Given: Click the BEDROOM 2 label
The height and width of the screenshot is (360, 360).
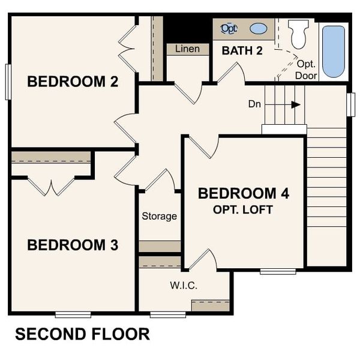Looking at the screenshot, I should point(73,82).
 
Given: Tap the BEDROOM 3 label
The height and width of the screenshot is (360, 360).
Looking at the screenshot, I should point(73,245).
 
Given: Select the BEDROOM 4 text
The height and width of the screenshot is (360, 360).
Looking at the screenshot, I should point(244,194).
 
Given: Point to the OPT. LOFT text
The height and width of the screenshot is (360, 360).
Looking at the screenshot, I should point(244,210).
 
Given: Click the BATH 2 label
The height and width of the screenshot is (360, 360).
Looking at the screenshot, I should point(242,50).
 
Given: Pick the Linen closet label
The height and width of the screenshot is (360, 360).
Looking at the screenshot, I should point(187,49).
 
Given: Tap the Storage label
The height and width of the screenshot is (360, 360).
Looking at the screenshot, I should point(159,216).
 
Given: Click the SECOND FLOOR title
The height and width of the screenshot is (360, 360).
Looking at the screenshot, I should point(82,334).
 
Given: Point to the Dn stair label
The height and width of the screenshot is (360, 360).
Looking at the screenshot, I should point(254,104).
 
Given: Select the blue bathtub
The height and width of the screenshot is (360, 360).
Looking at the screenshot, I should point(334,51).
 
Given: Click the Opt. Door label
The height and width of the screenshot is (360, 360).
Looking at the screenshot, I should point(306,69).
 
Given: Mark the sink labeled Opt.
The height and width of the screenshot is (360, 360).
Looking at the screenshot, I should point(229,28).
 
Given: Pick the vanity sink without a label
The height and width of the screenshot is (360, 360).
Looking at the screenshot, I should point(259,28).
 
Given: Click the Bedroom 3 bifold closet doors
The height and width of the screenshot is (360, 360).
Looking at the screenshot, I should point(53,186).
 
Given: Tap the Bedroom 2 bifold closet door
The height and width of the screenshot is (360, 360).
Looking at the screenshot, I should point(128,45).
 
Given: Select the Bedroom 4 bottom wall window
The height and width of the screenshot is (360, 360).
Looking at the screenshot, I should point(278,272).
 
